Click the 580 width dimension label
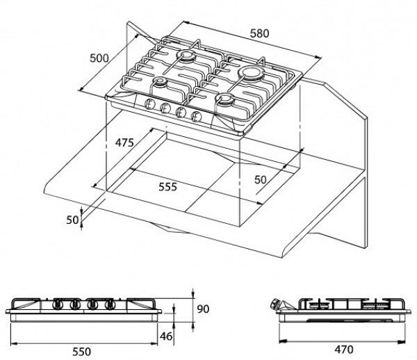click(x=259, y=33)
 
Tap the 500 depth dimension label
click(x=99, y=58)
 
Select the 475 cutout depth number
click(x=124, y=142)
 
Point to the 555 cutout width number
click(x=167, y=187)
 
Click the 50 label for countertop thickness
click(x=72, y=220)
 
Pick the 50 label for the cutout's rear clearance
click(x=261, y=180)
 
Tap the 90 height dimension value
click(x=203, y=309)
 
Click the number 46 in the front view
click(x=166, y=336)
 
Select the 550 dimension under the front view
click(x=81, y=352)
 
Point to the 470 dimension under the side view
click(x=344, y=350)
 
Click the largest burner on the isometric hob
click(x=251, y=72)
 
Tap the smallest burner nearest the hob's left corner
click(x=160, y=81)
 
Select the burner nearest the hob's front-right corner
click(x=225, y=99)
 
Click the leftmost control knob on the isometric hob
click(x=149, y=104)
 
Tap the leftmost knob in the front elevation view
click(x=58, y=304)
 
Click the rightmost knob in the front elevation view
click(x=109, y=304)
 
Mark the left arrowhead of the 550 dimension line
click(x=14, y=343)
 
